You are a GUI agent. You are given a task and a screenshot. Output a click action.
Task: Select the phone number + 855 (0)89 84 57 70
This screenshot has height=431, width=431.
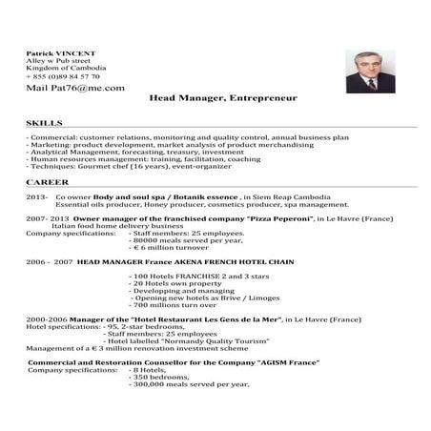click(x=62, y=75)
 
